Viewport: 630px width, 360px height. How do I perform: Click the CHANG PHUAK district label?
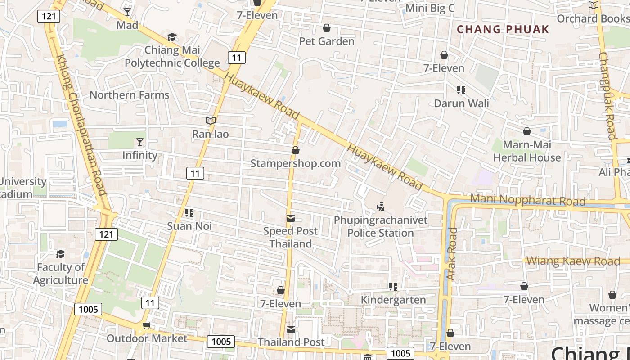tap(503, 30)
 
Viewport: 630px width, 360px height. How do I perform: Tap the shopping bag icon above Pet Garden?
tap(327, 28)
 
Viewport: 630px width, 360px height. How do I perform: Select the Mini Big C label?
tap(430, 8)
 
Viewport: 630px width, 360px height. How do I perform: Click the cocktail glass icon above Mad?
tap(127, 12)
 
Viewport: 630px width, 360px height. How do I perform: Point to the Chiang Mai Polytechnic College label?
tap(172, 56)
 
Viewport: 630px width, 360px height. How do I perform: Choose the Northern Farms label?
tap(129, 95)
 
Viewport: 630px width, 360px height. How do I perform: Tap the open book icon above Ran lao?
tap(210, 121)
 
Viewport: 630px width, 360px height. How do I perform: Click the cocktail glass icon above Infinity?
tap(140, 142)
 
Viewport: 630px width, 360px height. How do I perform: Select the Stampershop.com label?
tap(295, 163)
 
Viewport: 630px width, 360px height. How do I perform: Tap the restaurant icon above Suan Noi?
tap(189, 212)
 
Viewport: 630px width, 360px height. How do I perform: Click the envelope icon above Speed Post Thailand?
tap(291, 219)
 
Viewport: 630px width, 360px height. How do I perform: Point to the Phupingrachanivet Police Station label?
tap(381, 227)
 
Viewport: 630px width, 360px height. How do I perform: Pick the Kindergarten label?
tap(393, 300)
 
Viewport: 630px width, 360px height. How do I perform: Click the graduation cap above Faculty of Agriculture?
tap(60, 254)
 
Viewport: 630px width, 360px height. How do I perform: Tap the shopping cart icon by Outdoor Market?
tap(146, 325)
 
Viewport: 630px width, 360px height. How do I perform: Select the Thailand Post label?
tap(291, 342)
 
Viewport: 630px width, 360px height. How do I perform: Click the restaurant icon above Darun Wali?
tap(461, 90)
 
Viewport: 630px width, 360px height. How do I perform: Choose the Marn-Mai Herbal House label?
tap(527, 151)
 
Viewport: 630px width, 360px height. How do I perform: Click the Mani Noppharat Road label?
tap(527, 200)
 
